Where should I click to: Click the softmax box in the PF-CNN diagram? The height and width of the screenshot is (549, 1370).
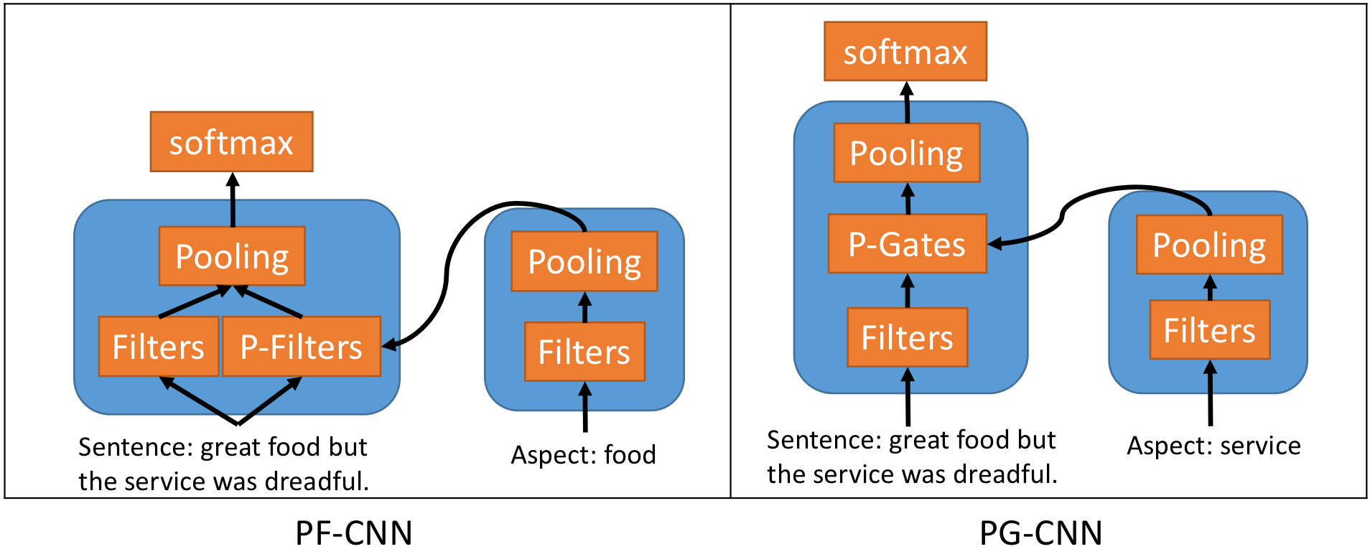click(x=231, y=142)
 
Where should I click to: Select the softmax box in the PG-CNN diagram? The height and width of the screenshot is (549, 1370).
click(x=905, y=52)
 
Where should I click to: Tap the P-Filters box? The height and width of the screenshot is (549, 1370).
click(x=301, y=347)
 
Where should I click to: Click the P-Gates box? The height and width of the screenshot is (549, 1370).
click(x=907, y=244)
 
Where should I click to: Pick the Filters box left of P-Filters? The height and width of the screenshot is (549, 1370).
click(x=158, y=347)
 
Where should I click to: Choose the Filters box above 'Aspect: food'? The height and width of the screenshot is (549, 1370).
click(x=584, y=352)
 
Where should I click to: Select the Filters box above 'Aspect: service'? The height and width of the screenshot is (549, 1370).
click(x=1209, y=330)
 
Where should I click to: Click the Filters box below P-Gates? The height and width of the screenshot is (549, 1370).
click(x=907, y=337)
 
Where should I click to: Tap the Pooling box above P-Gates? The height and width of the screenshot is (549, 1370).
click(x=906, y=153)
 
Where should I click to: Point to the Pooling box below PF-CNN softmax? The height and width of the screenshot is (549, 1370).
click(x=232, y=256)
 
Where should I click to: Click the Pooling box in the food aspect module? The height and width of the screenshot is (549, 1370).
click(x=584, y=261)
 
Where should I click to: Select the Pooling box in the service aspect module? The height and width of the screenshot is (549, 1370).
click(x=1209, y=245)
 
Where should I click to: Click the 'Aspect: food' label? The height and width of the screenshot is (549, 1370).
click(x=583, y=454)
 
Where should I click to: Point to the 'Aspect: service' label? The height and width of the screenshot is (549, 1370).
click(x=1213, y=446)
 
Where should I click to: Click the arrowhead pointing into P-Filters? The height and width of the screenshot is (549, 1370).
click(x=388, y=345)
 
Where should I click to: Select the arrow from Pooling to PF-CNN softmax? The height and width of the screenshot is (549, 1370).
click(x=232, y=201)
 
